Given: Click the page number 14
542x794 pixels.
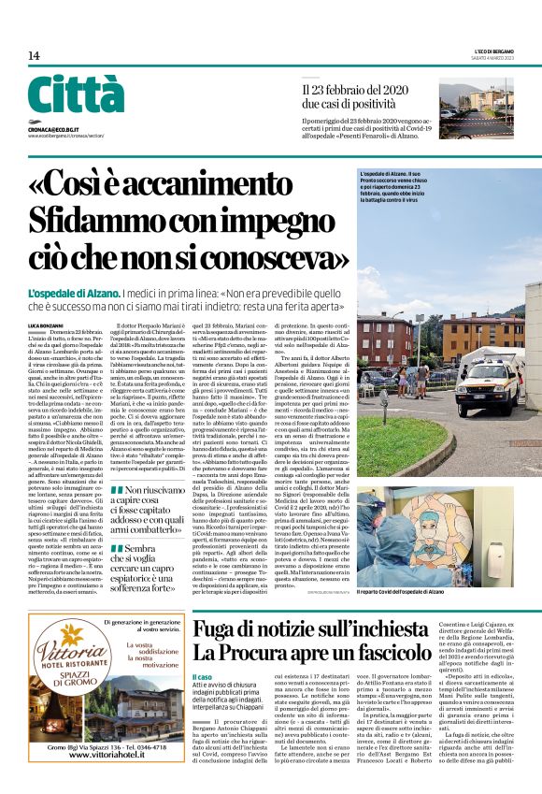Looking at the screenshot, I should tap(34, 56).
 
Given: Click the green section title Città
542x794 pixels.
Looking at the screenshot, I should tap(75, 94).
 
